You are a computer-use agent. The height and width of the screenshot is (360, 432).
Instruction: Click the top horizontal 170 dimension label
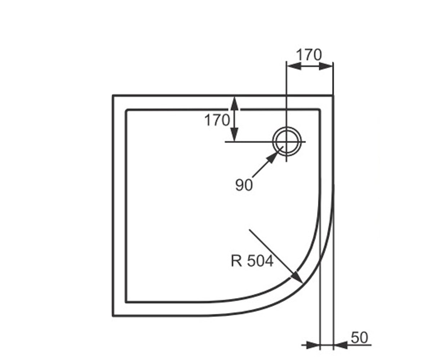click(309, 55)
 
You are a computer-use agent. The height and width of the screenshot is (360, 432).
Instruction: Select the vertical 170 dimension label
click(217, 120)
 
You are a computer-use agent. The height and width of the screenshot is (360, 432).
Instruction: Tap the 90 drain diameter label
click(244, 185)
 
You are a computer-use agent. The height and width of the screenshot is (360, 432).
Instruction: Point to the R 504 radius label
click(252, 261)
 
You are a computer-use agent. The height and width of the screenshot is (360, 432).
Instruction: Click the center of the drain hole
click(287, 142)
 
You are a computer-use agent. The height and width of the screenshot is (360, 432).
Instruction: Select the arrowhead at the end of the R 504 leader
click(297, 277)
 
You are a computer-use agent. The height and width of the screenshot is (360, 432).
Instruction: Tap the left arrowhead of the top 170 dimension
click(294, 66)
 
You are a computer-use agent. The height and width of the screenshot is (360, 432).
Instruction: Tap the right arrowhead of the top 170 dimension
click(326, 66)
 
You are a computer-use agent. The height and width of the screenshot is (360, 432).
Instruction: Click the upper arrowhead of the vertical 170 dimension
click(234, 104)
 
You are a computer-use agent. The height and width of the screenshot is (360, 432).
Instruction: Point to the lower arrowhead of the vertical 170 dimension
click(234, 134)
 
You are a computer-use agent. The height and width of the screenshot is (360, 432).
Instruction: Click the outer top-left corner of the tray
click(113, 95)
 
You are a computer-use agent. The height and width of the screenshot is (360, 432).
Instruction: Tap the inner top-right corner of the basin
click(319, 109)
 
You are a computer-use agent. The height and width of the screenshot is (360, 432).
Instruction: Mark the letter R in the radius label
click(236, 261)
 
